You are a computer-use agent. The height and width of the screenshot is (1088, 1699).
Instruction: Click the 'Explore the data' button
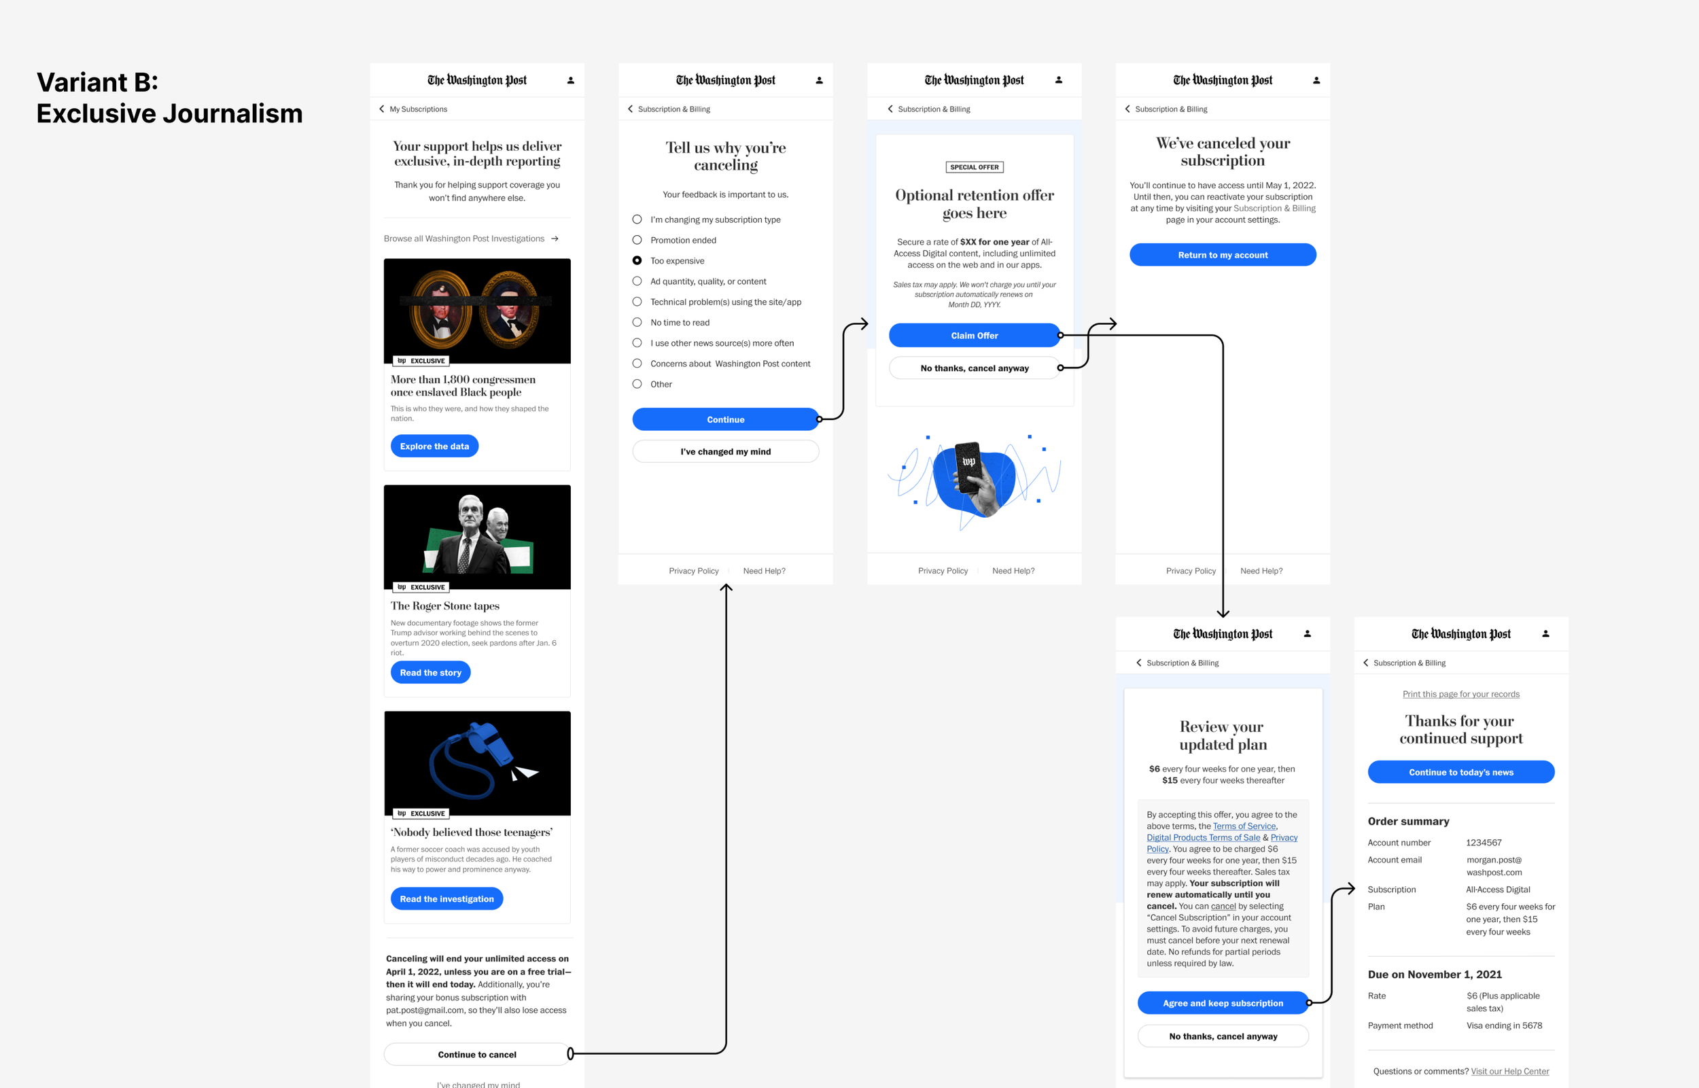[434, 446]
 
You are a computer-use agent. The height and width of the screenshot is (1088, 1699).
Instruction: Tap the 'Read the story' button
[430, 673]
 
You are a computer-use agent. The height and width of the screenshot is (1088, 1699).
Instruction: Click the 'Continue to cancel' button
[477, 1054]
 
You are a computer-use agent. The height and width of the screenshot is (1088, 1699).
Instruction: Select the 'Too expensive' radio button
[637, 261]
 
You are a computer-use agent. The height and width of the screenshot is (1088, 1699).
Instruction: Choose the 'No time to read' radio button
[637, 322]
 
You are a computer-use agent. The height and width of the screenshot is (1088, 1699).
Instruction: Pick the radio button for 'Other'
[637, 385]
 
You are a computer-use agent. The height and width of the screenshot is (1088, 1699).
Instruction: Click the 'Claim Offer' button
[974, 336]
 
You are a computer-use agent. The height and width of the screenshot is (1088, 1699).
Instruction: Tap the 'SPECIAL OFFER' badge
[974, 167]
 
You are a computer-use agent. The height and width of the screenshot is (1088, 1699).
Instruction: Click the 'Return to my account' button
[1222, 255]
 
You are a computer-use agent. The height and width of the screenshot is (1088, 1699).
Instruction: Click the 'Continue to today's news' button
[1460, 772]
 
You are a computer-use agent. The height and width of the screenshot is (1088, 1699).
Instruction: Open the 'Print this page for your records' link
[1460, 694]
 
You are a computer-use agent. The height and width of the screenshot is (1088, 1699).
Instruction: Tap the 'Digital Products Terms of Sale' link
[1202, 837]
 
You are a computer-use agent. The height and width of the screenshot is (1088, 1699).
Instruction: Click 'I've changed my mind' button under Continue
[726, 451]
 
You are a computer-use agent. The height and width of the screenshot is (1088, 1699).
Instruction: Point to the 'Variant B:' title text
[97, 83]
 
